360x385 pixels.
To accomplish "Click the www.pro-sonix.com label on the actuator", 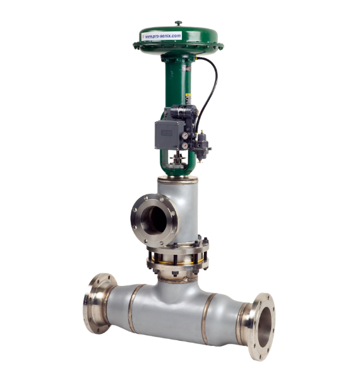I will [163, 36].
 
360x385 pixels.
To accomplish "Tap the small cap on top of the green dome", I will [178, 22].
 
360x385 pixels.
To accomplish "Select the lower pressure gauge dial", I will [184, 146].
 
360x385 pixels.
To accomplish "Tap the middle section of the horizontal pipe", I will [171, 309].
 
